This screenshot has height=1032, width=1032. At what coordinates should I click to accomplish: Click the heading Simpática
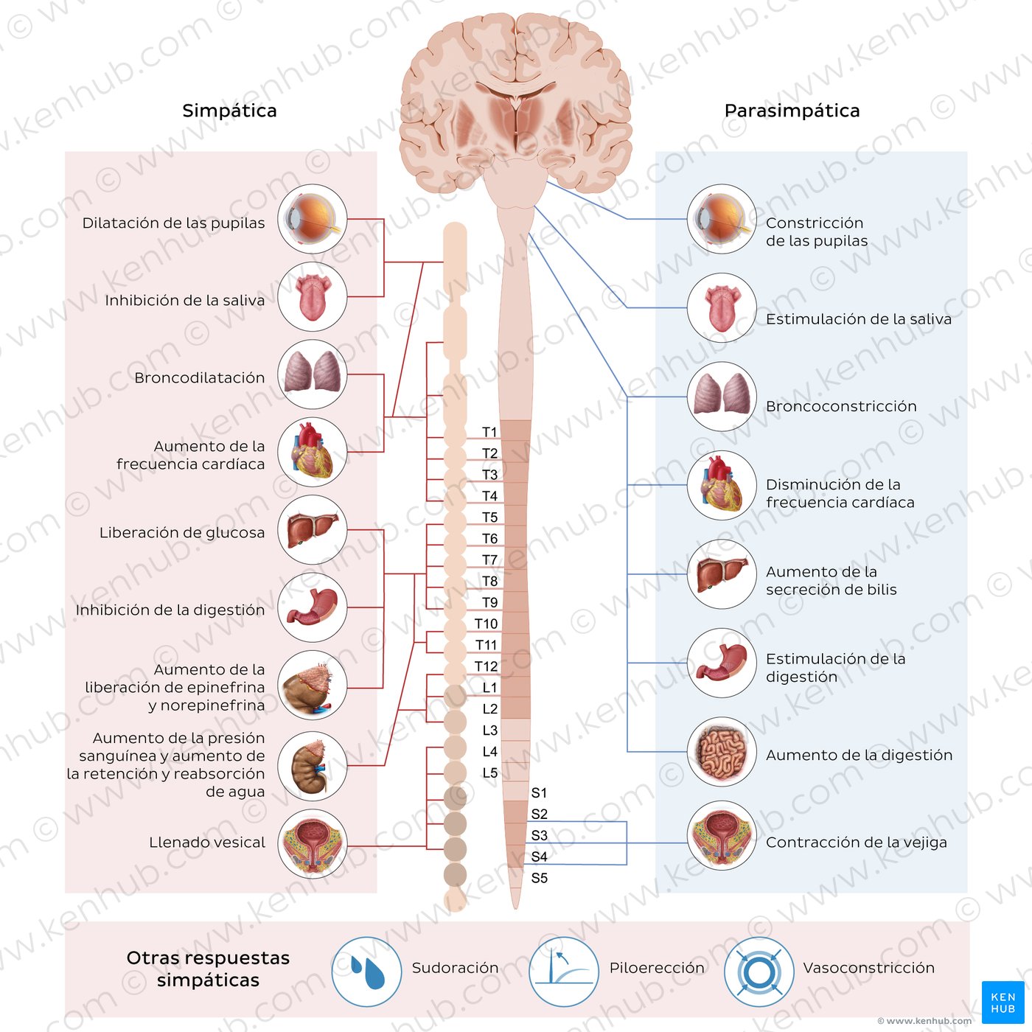tap(229, 111)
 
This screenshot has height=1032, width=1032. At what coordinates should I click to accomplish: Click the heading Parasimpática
tap(792, 111)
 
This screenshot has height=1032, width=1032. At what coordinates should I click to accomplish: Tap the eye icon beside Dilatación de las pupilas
tap(313, 219)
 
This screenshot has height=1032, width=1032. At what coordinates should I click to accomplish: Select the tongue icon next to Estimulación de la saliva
tap(722, 308)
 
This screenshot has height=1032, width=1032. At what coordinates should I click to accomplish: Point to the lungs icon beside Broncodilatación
tap(313, 374)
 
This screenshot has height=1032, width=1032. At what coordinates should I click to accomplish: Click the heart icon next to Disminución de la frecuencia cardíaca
tap(722, 485)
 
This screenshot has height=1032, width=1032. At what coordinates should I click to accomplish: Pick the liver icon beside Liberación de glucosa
tap(313, 530)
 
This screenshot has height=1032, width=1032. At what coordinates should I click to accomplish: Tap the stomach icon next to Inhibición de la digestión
tap(313, 607)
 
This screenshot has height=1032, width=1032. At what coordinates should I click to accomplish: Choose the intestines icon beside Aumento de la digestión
tap(722, 752)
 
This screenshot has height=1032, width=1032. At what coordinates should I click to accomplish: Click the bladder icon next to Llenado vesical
tap(313, 844)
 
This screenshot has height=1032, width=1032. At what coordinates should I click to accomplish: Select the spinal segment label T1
tap(489, 432)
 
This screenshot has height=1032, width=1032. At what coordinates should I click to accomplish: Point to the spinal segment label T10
tap(486, 624)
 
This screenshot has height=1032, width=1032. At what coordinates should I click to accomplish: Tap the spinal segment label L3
tap(490, 731)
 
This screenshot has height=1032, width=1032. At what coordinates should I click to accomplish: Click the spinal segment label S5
tap(540, 878)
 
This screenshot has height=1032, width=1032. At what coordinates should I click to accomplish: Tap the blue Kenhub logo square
tap(1003, 1003)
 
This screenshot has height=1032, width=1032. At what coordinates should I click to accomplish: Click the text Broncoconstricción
tap(841, 406)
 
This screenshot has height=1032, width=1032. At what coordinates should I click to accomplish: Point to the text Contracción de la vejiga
tap(857, 843)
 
